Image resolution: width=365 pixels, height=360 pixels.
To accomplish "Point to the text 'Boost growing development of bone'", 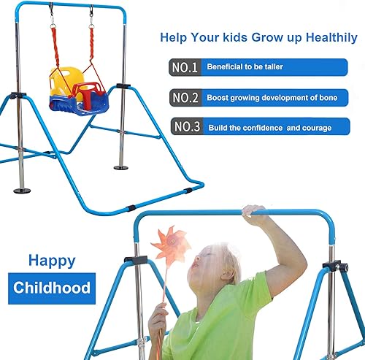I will (272, 97).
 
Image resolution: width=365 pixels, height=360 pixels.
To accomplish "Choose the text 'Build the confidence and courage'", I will (269, 128).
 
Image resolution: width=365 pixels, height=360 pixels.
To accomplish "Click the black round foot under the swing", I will (120, 168).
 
